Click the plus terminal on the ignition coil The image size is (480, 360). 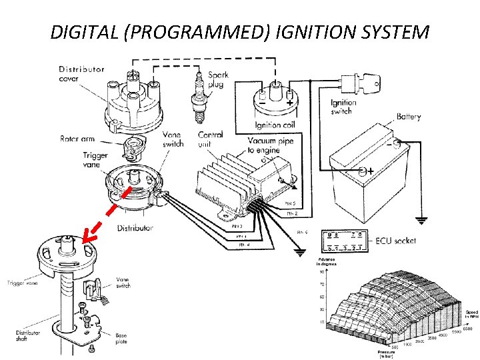[x=290, y=103]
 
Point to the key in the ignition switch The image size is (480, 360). [x=370, y=85]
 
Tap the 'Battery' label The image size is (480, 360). [x=409, y=117]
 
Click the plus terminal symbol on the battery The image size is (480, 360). [x=369, y=171]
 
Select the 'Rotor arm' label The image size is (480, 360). [x=77, y=139]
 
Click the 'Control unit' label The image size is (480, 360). [x=211, y=139]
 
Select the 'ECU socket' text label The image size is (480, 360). [x=395, y=241]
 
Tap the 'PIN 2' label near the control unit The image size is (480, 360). [x=291, y=213]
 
